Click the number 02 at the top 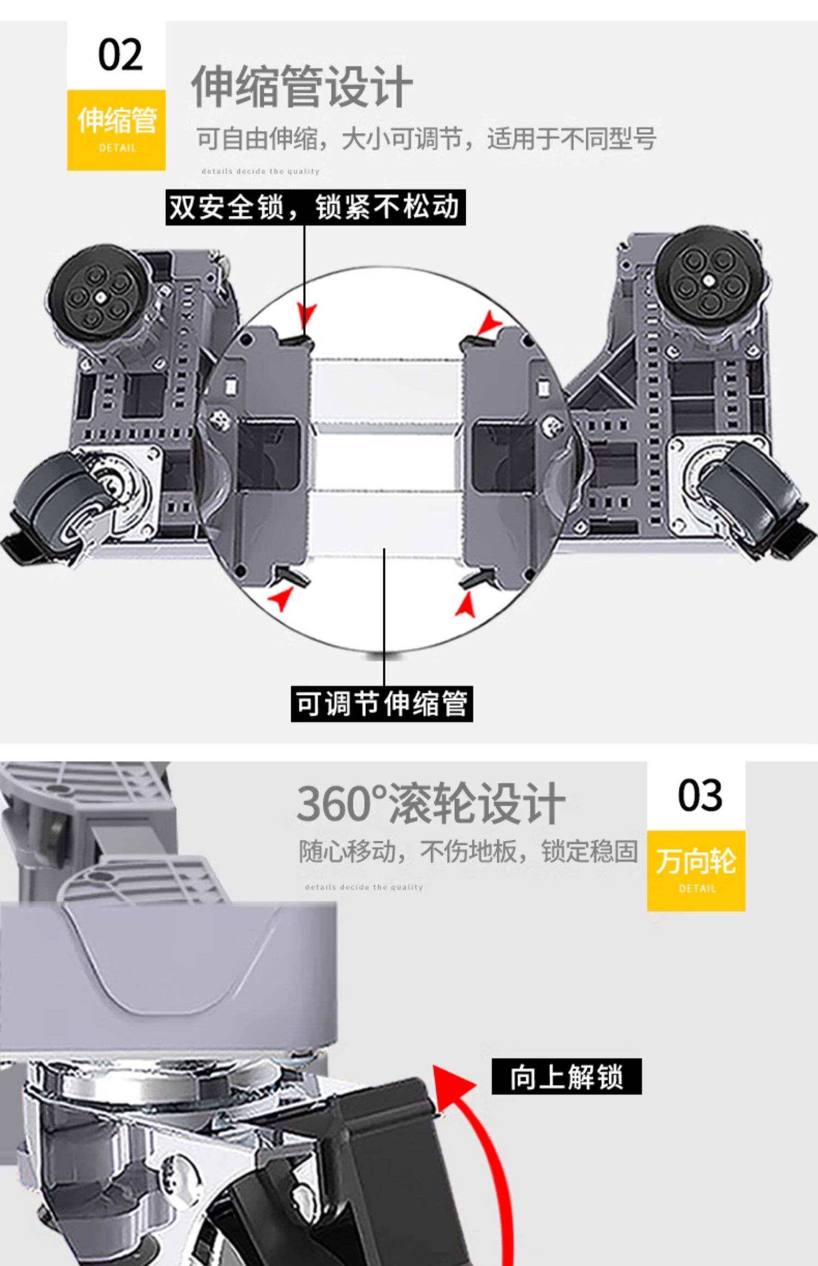[x=120, y=55]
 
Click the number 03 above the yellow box [x=700, y=795]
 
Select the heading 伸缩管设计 [x=302, y=87]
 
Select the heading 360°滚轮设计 [x=430, y=804]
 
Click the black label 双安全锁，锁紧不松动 [x=315, y=207]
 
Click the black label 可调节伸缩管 [x=381, y=704]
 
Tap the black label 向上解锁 [x=566, y=1077]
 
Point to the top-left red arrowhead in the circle [x=307, y=316]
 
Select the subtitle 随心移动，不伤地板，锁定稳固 [x=468, y=851]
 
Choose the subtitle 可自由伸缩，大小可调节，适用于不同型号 [x=426, y=138]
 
